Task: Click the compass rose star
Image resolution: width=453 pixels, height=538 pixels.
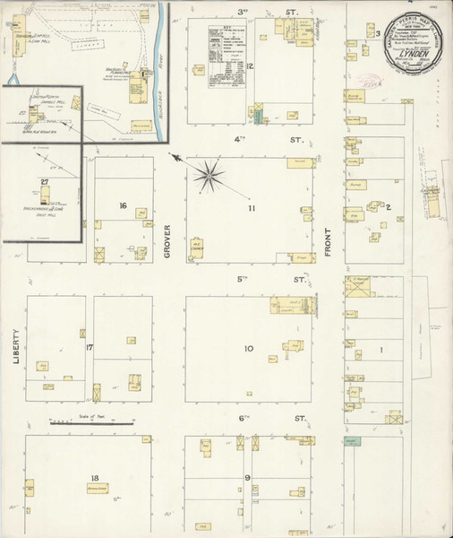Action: click(211, 173)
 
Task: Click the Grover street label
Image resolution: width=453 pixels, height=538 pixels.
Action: click(167, 243)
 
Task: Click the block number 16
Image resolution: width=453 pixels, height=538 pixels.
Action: click(123, 206)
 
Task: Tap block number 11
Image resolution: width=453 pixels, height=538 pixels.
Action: click(252, 209)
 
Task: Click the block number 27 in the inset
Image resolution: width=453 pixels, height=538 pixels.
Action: click(44, 182)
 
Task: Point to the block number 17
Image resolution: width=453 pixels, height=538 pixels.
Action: click(90, 346)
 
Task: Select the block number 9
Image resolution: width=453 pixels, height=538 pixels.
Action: click(246, 478)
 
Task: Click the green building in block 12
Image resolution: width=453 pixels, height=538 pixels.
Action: click(257, 116)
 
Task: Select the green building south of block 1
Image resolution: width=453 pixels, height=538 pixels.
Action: click(354, 441)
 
